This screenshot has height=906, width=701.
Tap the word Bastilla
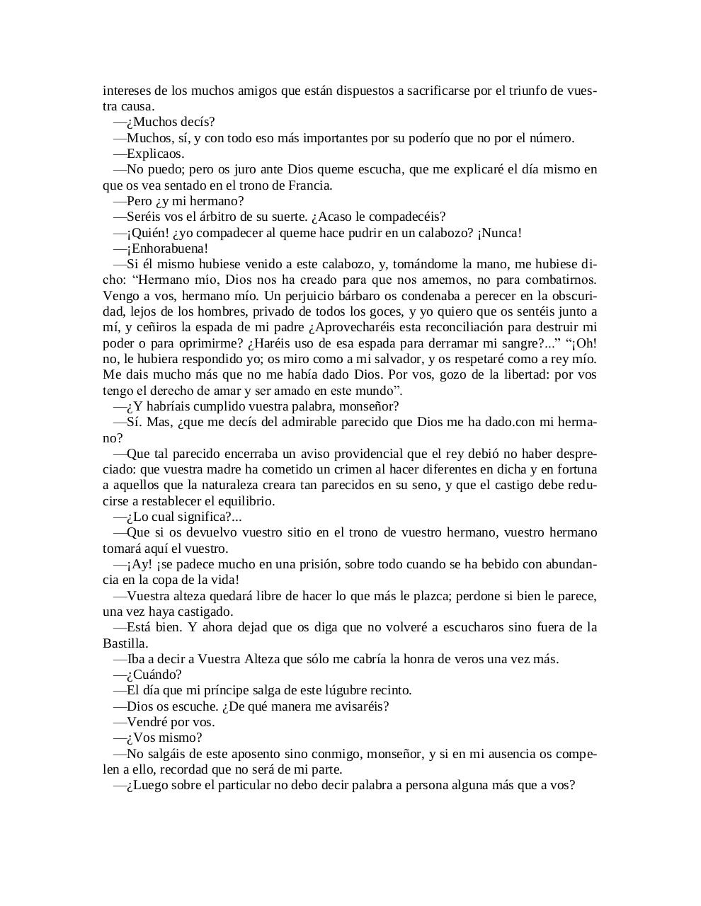click(125, 643)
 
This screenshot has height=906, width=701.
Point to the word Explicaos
click(156, 154)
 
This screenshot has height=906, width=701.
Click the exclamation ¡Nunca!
click(500, 233)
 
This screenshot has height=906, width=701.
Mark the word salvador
click(397, 359)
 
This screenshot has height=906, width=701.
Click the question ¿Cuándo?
click(154, 675)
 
